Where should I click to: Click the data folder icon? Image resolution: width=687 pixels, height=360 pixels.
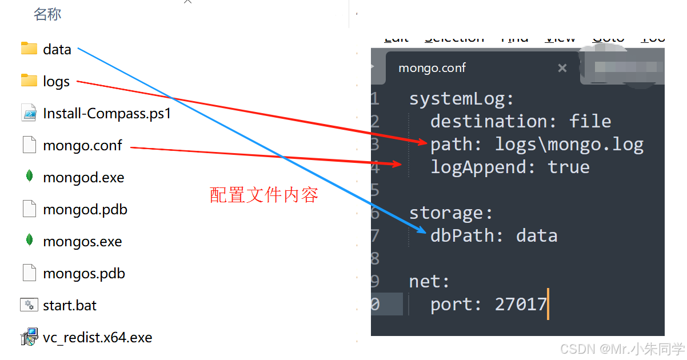click(x=29, y=49)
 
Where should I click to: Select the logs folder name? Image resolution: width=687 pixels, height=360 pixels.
click(x=56, y=82)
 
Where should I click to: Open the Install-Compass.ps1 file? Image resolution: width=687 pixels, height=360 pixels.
click(x=107, y=114)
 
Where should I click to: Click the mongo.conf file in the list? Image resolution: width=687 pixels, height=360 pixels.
click(x=82, y=146)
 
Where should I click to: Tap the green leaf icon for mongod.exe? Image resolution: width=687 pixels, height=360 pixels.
click(x=29, y=177)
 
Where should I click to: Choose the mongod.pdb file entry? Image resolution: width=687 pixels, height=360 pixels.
click(x=85, y=210)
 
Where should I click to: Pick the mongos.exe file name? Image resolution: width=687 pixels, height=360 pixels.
click(x=82, y=242)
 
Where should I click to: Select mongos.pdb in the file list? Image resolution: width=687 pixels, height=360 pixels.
click(x=83, y=274)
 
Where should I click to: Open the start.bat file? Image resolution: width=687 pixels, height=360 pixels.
click(x=70, y=306)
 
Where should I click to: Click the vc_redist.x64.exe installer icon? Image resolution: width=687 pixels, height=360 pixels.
click(x=29, y=337)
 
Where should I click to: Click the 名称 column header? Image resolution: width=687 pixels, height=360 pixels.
click(x=47, y=15)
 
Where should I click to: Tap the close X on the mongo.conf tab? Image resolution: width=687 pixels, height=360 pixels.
click(x=562, y=68)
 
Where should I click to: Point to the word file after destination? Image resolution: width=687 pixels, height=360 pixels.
click(x=590, y=122)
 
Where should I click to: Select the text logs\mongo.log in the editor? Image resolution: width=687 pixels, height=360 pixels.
click(x=569, y=145)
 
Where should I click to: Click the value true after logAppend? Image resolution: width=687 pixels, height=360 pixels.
click(x=569, y=167)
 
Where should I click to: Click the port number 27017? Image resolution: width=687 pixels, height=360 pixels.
click(x=521, y=305)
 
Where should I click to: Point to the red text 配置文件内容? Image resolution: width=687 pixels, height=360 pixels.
click(x=264, y=195)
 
